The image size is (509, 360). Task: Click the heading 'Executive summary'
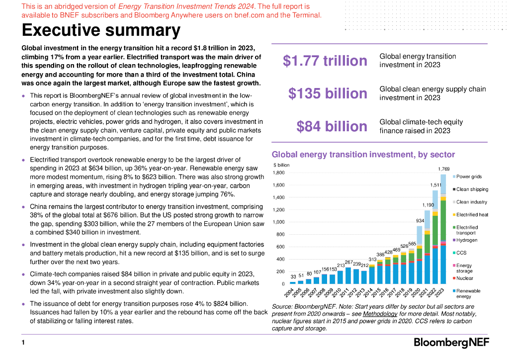click(101, 31)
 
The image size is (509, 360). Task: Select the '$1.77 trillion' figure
click(325, 61)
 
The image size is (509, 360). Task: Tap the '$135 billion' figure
click(328, 93)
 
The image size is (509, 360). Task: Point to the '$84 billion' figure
click(332, 126)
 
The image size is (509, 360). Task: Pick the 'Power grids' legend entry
click(469, 177)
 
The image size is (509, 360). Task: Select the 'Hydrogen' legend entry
click(466, 240)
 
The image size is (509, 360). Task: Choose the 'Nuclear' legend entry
click(465, 278)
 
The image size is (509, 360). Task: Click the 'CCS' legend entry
click(461, 253)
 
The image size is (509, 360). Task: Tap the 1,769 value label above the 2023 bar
click(443, 169)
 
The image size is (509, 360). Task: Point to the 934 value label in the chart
click(420, 220)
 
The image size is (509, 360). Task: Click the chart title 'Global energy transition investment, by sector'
click(356, 155)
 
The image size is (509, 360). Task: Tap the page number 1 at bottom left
click(23, 343)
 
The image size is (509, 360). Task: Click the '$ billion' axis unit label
click(281, 165)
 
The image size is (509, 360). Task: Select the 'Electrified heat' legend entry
click(472, 215)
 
